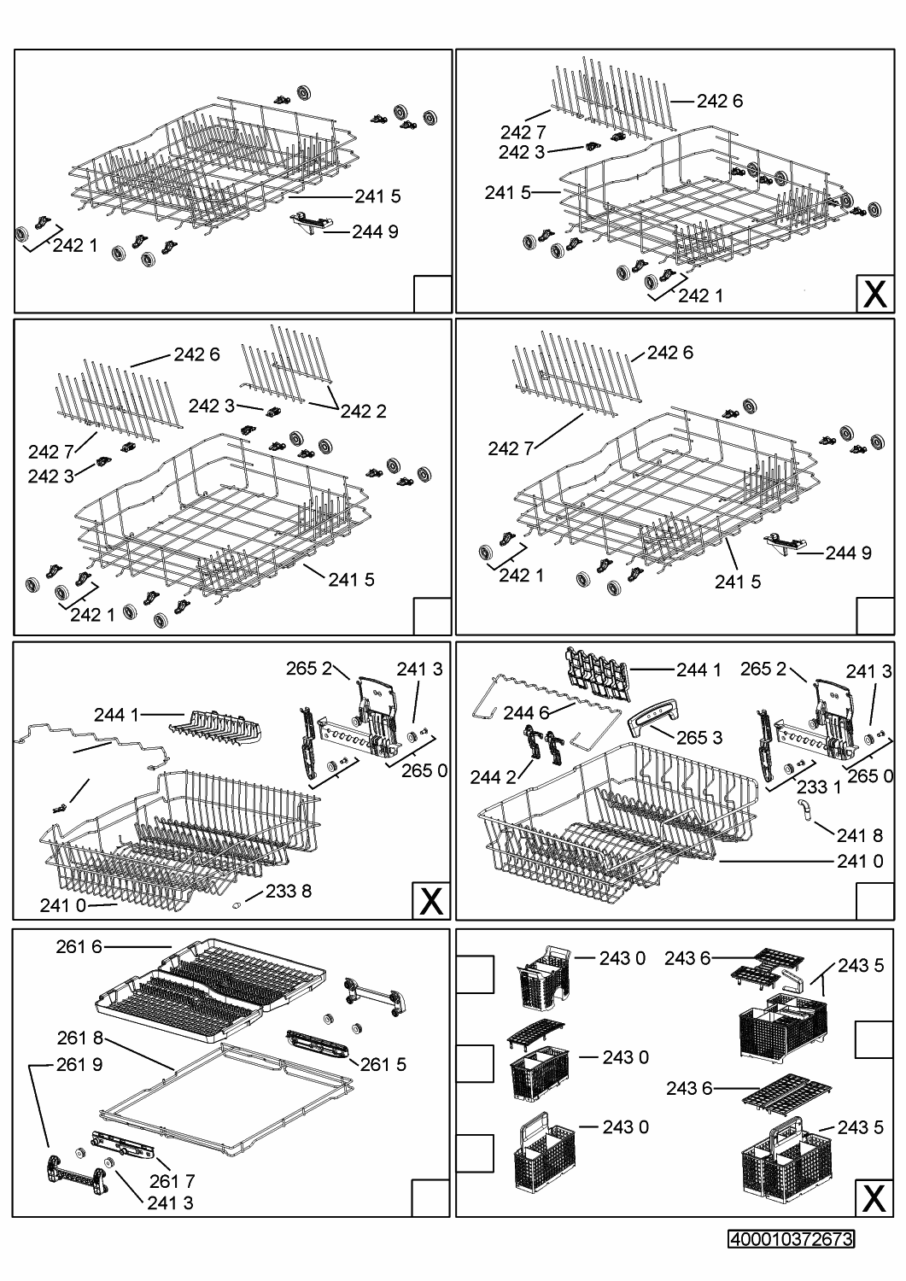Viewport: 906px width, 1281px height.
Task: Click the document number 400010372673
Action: tap(792, 1239)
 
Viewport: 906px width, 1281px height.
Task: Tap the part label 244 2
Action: tap(493, 777)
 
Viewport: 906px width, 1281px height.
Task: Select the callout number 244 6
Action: tap(526, 711)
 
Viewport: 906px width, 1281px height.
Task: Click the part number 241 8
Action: tap(860, 835)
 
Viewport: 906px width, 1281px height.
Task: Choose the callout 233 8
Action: tap(289, 892)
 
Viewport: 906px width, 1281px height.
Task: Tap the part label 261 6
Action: tap(79, 946)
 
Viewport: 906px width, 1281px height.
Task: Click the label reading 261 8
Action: tap(80, 1038)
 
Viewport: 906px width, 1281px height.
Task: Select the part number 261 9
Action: tap(79, 1065)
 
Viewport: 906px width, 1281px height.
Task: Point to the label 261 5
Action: tap(383, 1064)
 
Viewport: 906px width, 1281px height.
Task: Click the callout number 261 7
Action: tap(172, 1181)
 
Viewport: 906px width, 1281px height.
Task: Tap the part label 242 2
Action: tap(364, 412)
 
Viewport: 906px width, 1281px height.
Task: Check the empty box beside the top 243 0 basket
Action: tap(475, 974)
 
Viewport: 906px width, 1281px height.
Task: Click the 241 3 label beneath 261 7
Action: tap(170, 1203)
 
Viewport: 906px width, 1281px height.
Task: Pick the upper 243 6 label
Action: tap(688, 959)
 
